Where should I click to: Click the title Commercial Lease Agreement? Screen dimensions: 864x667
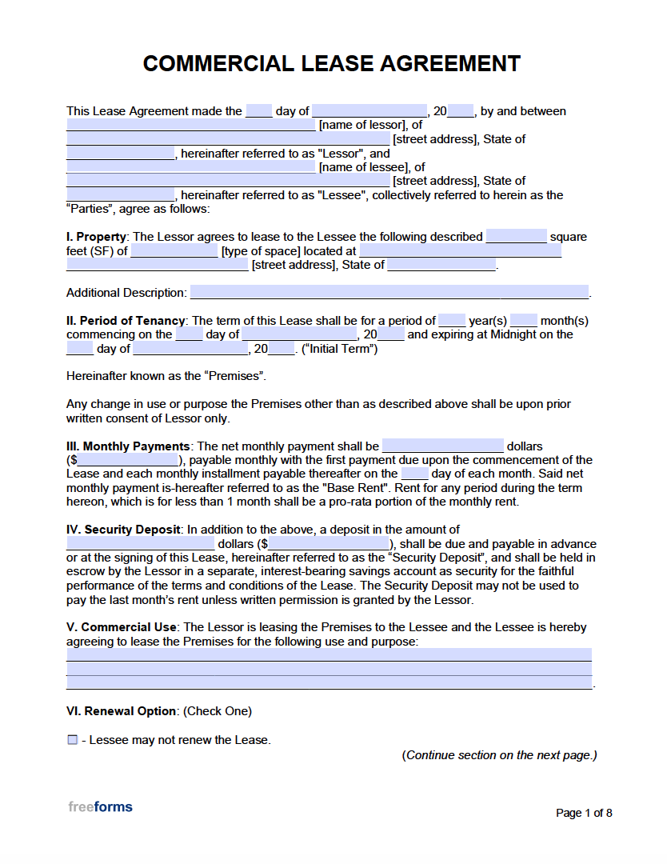332,64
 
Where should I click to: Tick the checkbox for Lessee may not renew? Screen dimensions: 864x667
73,740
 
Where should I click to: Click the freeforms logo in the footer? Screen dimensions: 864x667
100,806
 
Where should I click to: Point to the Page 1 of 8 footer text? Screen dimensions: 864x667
584,813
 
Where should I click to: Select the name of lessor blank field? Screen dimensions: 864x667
190,125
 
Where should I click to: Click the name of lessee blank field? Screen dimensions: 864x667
190,167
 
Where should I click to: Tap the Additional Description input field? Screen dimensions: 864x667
389,293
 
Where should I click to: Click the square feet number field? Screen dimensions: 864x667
516,237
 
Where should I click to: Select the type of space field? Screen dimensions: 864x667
174,251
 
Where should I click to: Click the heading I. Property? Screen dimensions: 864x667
97,237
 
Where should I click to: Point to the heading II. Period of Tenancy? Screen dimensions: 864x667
126,321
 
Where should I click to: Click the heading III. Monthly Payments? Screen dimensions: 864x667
128,446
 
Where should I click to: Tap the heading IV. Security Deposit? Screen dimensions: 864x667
124,530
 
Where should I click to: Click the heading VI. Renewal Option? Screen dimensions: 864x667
121,711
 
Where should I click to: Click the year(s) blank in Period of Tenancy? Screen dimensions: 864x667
452,321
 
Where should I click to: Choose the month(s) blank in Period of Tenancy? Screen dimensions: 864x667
523,321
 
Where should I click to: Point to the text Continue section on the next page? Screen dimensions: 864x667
499,755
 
